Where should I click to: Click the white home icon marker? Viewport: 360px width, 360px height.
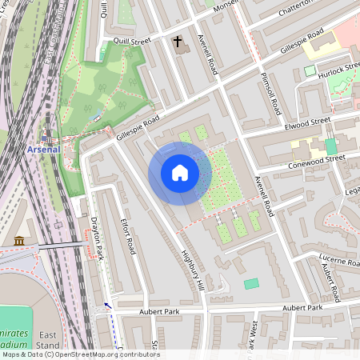[180, 173]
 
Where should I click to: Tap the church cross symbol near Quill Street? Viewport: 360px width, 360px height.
[177, 39]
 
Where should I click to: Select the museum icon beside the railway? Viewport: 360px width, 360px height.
[19, 241]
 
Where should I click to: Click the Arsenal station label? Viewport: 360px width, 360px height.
[43, 149]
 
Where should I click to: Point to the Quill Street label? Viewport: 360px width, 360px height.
[132, 41]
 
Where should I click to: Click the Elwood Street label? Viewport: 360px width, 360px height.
[307, 122]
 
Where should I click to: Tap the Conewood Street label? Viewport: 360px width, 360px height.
[318, 161]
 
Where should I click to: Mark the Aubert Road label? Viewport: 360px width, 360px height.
[330, 281]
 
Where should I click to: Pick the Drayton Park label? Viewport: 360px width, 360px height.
[98, 241]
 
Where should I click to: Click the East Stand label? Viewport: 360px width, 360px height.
[47, 339]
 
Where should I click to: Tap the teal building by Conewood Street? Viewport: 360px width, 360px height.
[330, 146]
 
